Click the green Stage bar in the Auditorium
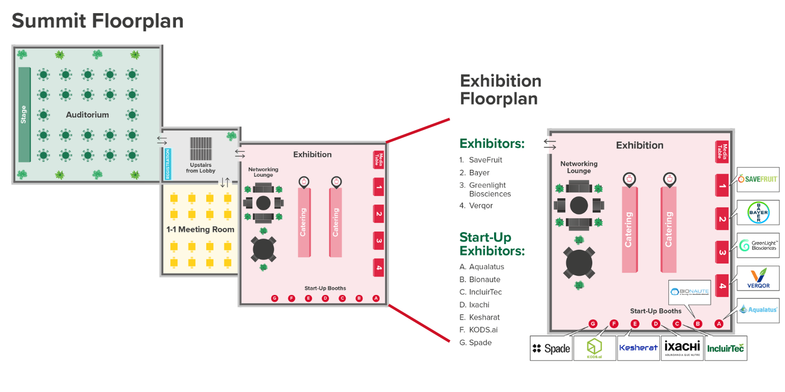pyautogui.click(x=24, y=114)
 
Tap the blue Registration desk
pyautogui.click(x=168, y=164)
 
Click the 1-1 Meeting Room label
pyautogui.click(x=200, y=229)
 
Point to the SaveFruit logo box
pyautogui.click(x=758, y=179)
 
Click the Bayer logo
pyautogui.click(x=758, y=213)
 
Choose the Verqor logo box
pyautogui.click(x=758, y=278)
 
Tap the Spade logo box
pyautogui.click(x=551, y=348)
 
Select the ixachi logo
pyautogui.click(x=681, y=348)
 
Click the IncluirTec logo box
pyautogui.click(x=725, y=348)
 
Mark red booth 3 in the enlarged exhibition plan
pyautogui.click(x=722, y=252)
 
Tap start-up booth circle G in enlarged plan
pyautogui.click(x=593, y=324)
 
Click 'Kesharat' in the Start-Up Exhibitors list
pyautogui.click(x=484, y=317)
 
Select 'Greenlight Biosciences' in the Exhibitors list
pyautogui.click(x=489, y=189)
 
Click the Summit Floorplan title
pyautogui.click(x=98, y=21)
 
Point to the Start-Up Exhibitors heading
pyautogui.click(x=492, y=244)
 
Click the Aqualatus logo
pyautogui.click(x=758, y=309)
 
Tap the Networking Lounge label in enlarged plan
pyautogui.click(x=579, y=167)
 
